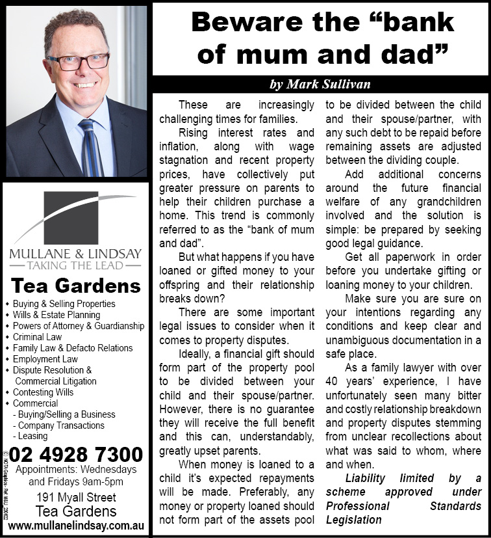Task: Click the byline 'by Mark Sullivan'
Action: coord(320,85)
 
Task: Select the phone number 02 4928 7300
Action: coord(76,453)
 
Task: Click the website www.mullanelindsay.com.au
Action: coord(75,525)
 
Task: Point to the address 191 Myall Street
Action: coord(75,498)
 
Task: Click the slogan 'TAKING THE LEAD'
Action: coord(75,265)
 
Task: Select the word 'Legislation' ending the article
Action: coord(353,520)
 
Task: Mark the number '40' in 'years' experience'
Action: coord(333,381)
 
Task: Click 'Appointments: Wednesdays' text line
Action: coord(76,470)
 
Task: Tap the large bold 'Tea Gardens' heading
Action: coord(76,286)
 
